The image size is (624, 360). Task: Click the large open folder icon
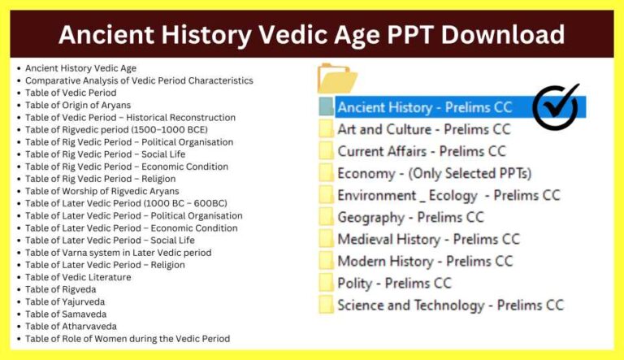pos(337,78)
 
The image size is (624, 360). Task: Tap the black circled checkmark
pos(556,106)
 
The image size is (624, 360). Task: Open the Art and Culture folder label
pos(424,129)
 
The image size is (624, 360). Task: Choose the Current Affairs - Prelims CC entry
pos(421,151)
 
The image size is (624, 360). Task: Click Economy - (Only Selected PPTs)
pos(434,173)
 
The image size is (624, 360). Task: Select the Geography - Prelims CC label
pos(410,217)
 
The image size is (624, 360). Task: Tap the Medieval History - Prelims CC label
pos(428,239)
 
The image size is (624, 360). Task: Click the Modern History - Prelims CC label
pos(425,261)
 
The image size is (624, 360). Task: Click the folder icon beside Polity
pos(326,284)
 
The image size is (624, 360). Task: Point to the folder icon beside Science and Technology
pos(326,306)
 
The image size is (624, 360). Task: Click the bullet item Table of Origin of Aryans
pos(78,105)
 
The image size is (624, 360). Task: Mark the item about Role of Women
pos(128,338)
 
